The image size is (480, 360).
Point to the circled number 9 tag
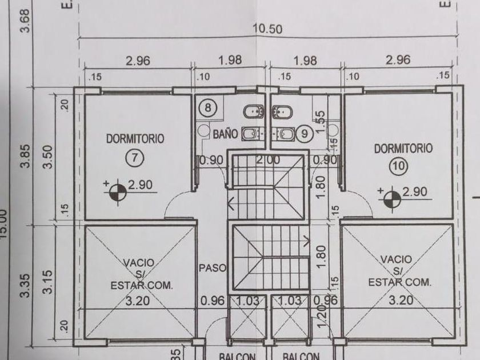click(304, 133)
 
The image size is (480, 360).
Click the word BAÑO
click(225, 134)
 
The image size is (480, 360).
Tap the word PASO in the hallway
click(213, 267)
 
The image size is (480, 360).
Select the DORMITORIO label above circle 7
click(135, 138)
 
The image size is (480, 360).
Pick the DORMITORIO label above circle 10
click(403, 149)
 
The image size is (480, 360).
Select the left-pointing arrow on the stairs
click(231, 201)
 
